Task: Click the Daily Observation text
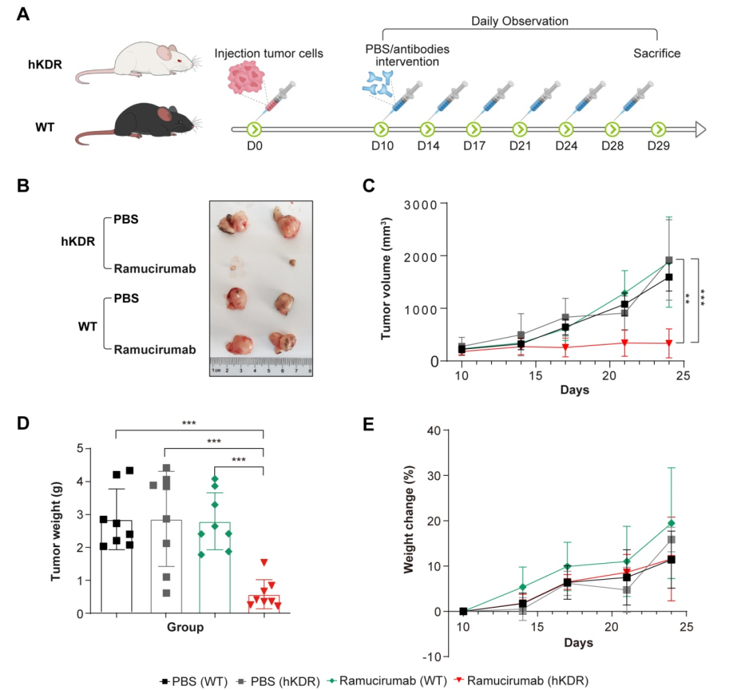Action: coord(519,21)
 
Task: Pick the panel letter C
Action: coord(369,185)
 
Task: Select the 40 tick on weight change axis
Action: coord(434,431)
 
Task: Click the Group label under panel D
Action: coord(185,628)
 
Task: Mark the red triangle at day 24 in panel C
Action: coord(669,343)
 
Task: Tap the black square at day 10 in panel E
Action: coord(463,612)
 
